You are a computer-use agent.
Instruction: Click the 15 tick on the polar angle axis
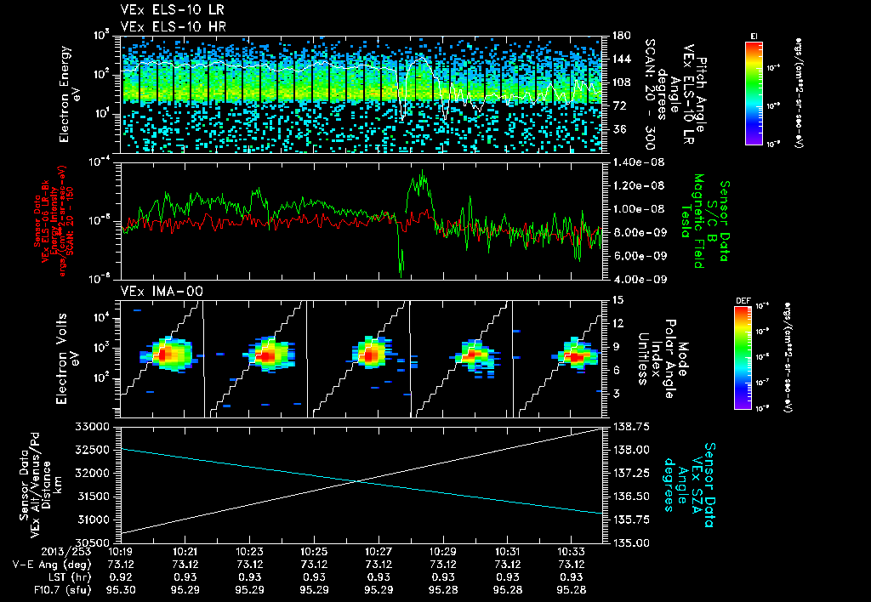[x=618, y=300]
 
